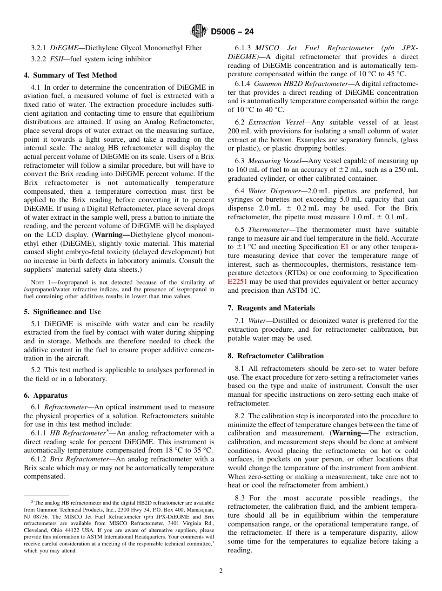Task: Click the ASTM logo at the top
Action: tap(199, 32)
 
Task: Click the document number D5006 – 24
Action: tap(232, 32)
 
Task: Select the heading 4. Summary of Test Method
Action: tap(70, 75)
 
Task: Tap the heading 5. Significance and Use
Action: tap(62, 312)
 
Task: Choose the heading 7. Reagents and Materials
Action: tap(271, 308)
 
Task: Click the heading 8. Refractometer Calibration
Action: tap(275, 356)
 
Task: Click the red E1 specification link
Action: tap(344, 247)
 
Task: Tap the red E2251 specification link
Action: tap(238, 282)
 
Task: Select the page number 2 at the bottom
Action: tap(221, 571)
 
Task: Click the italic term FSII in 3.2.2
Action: tap(57, 59)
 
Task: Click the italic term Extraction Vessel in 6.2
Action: tap(277, 122)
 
